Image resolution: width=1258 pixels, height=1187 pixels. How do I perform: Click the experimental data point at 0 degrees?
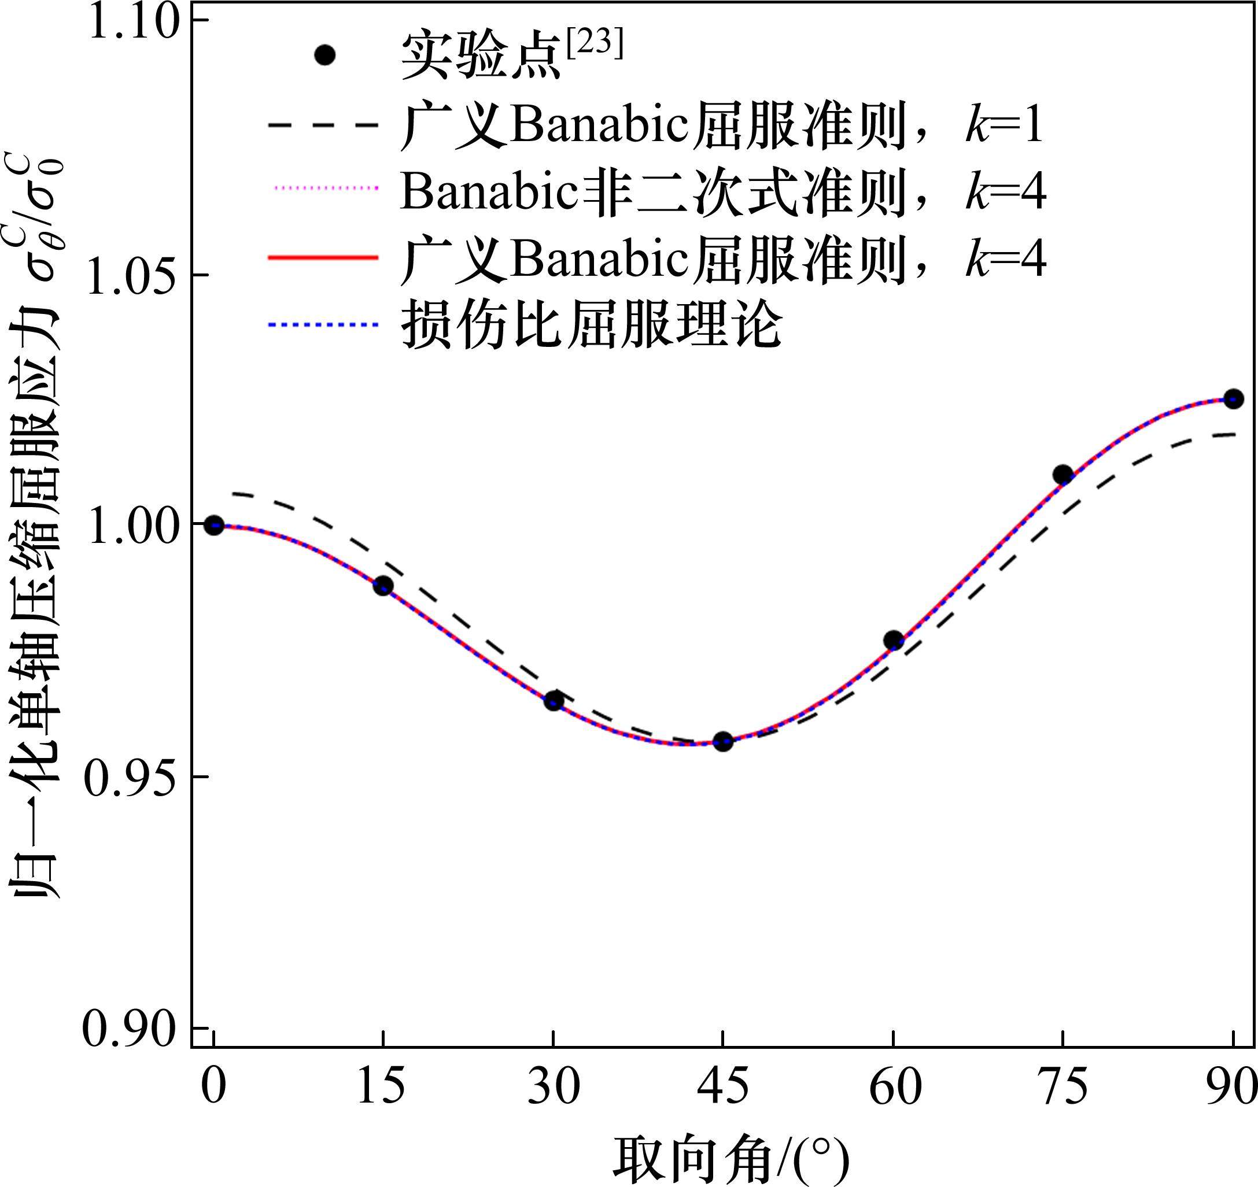tap(214, 525)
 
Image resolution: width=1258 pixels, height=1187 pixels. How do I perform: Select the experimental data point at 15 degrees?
tap(383, 585)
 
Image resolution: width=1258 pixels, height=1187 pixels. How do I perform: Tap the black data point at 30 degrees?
tap(554, 700)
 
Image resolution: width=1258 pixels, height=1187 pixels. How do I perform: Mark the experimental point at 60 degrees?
tap(893, 640)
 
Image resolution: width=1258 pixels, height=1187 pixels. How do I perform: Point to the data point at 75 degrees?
tap(1063, 475)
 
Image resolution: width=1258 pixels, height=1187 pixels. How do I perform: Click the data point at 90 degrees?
tap(1233, 398)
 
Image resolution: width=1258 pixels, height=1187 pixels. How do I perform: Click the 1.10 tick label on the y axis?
tap(130, 21)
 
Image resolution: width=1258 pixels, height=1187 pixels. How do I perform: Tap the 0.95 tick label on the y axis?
tap(130, 778)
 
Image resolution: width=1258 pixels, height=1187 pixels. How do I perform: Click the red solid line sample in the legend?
tap(323, 257)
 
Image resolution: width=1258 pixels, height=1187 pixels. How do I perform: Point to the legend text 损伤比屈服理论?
tap(592, 324)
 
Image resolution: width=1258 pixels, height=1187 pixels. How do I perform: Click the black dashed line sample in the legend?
tap(323, 125)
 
